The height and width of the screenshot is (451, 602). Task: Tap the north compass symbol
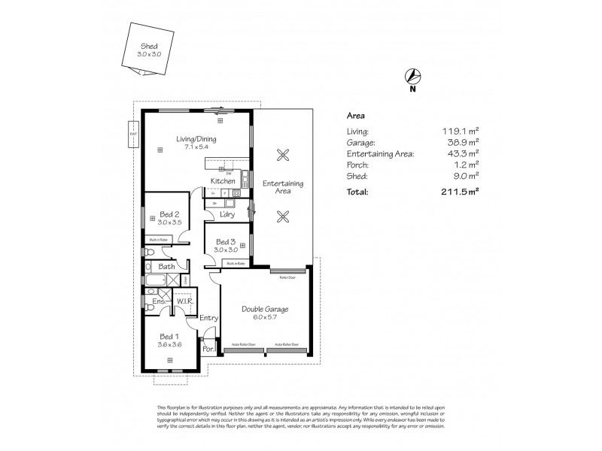(412, 75)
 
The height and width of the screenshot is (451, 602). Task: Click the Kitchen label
(223, 181)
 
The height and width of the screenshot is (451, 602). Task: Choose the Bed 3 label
(226, 241)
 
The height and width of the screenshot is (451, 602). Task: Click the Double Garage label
(265, 308)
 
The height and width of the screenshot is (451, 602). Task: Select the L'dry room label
(227, 215)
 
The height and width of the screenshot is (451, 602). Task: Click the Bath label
(166, 266)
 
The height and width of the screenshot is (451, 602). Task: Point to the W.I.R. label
(185, 301)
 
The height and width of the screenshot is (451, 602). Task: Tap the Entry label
(209, 318)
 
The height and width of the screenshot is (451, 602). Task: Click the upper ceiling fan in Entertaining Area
(283, 156)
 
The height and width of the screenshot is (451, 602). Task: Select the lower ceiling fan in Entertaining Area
(283, 217)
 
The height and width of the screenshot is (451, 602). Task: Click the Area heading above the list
(355, 117)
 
